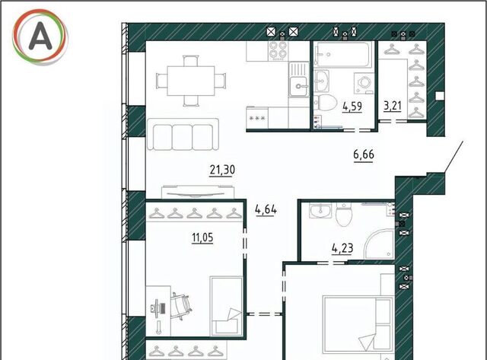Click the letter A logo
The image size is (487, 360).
point(40,37)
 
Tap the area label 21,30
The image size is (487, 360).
point(222,170)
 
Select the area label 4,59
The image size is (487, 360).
point(352,107)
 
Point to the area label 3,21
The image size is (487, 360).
point(393,106)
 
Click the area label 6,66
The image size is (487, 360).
point(364,154)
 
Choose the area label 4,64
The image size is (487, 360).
point(266,209)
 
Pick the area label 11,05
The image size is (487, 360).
point(202,237)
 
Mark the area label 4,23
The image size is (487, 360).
point(342,248)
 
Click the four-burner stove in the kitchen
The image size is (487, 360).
point(278,50)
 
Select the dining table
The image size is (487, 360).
point(191,81)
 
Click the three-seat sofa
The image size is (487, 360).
point(183,134)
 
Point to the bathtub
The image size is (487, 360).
point(343,54)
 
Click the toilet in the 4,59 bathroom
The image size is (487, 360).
point(325,102)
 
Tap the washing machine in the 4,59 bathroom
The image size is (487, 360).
point(363,83)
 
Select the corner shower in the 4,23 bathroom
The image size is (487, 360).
point(380,244)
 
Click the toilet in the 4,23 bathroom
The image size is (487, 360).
point(344,214)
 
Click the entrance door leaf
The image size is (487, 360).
point(454,157)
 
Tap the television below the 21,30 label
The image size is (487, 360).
point(198,192)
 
